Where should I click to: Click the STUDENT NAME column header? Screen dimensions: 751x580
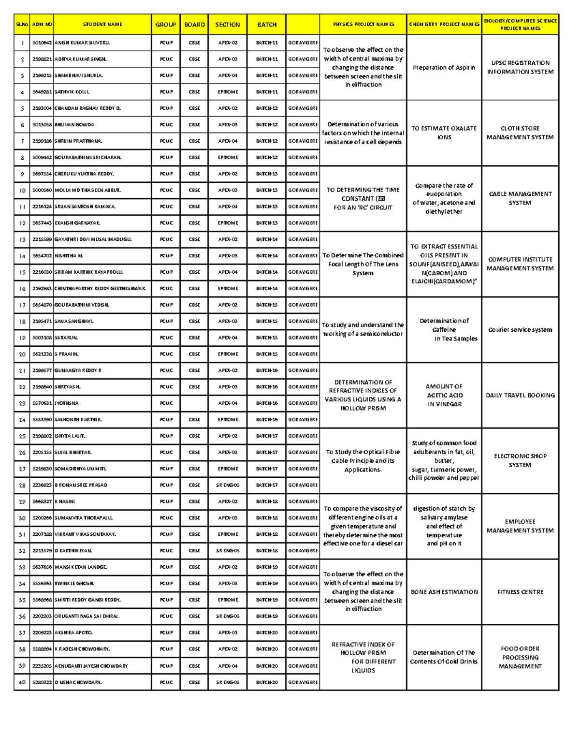[102, 24]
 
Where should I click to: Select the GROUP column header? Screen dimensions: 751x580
[166, 24]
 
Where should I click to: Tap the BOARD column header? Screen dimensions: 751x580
[194, 24]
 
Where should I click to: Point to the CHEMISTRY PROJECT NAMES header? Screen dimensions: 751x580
[444, 24]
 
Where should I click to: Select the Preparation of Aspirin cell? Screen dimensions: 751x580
[444, 68]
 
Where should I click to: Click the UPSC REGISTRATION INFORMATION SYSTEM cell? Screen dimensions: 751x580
[520, 67]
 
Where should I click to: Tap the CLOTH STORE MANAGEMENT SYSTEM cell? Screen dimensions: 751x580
[520, 133]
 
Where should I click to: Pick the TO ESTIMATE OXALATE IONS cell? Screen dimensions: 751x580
[444, 133]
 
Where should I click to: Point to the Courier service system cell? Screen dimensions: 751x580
[520, 330]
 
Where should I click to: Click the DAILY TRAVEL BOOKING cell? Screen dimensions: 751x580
[520, 396]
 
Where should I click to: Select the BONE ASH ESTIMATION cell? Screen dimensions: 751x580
[444, 592]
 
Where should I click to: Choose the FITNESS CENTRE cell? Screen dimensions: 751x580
[520, 592]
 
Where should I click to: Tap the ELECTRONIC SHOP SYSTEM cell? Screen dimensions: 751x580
[520, 460]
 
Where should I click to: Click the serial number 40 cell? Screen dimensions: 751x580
[22, 682]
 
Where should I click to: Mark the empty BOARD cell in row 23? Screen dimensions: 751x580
[194, 403]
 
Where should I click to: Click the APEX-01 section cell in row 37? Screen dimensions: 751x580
[228, 633]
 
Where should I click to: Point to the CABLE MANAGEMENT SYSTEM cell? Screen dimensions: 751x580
[520, 198]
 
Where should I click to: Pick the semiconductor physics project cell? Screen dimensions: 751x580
[363, 329]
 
